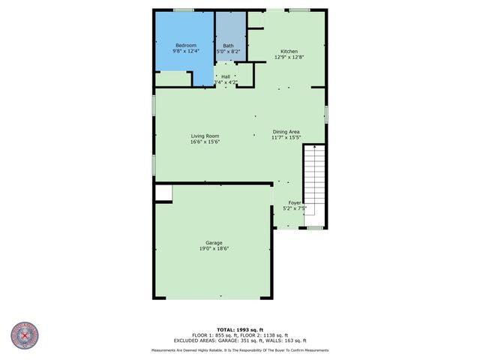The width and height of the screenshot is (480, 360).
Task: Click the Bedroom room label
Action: tap(185, 45)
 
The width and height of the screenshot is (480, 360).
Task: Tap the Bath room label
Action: tap(228, 45)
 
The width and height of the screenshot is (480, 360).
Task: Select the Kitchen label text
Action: tap(289, 52)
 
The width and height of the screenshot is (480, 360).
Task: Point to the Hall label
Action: tap(226, 76)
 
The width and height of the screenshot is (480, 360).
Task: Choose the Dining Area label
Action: tap(286, 131)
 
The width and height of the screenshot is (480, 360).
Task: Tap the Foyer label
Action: tap(295, 202)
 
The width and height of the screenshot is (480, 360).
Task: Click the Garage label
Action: tap(214, 242)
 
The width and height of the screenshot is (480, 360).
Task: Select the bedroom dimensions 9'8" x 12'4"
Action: tap(185, 51)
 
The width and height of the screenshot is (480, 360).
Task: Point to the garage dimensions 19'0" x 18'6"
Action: tap(214, 248)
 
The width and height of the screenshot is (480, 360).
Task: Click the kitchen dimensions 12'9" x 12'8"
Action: tap(289, 58)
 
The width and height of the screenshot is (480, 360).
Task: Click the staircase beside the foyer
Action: tap(314, 180)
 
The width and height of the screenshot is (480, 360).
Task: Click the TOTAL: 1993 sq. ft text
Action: tap(240, 330)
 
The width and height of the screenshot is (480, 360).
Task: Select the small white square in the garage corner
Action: tap(163, 193)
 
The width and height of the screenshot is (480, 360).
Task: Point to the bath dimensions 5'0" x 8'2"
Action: tap(228, 51)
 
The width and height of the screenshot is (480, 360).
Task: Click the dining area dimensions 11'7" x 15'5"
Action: tap(286, 137)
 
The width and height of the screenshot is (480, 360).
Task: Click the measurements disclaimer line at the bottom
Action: tap(240, 349)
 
